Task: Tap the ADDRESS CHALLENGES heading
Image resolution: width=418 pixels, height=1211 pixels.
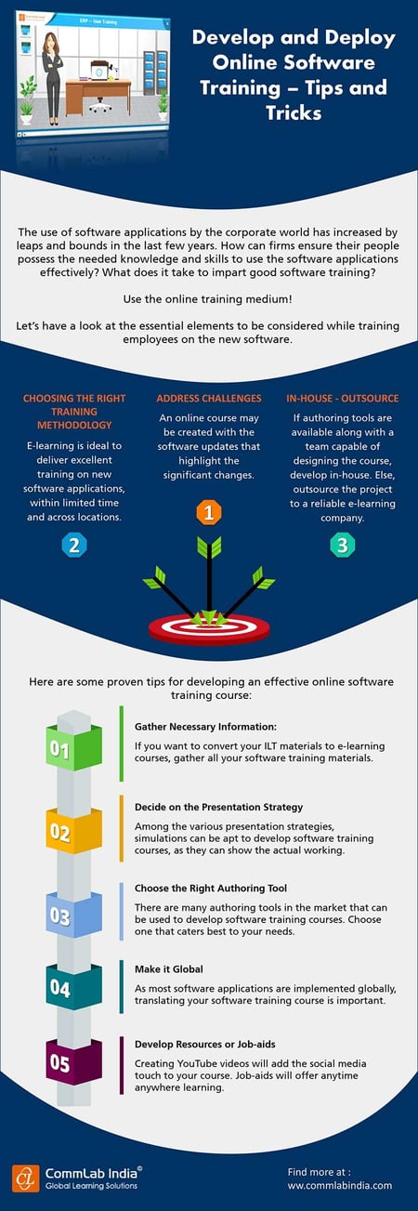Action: (x=210, y=399)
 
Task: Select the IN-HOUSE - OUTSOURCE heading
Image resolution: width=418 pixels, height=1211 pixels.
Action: (x=343, y=399)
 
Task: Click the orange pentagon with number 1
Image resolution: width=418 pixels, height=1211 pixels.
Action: (x=209, y=512)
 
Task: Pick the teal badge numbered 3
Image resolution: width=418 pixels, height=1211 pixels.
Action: (x=342, y=546)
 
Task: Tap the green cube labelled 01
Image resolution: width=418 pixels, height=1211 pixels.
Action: (x=60, y=748)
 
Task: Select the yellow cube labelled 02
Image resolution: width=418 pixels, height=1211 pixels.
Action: (x=60, y=830)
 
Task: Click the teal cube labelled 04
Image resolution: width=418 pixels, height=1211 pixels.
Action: (x=60, y=987)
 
